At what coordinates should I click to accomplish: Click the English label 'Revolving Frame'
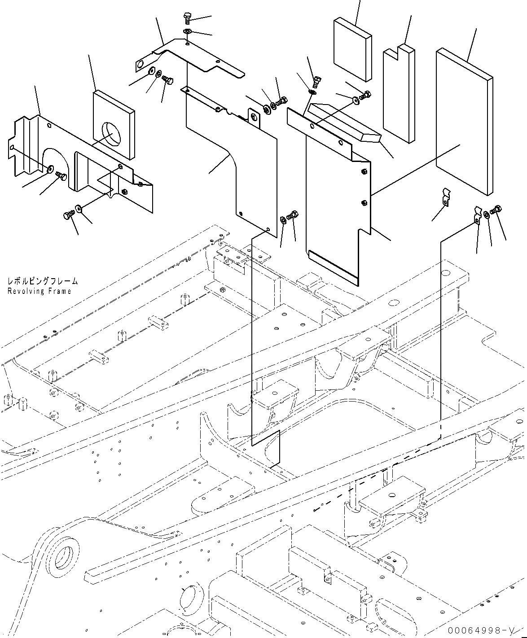click(39, 291)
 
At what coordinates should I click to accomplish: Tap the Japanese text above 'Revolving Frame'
click(42, 282)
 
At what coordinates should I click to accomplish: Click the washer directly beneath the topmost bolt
click(188, 31)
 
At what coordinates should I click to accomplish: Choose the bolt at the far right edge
click(497, 210)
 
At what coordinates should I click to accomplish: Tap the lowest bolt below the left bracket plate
click(68, 216)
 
